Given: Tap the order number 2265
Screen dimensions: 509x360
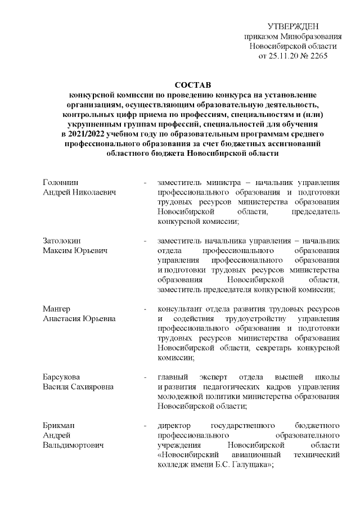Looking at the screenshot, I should pos(317,57).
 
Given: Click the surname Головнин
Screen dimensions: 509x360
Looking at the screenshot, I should pos(61,183).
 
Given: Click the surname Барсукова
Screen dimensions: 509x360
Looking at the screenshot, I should pos(62,376).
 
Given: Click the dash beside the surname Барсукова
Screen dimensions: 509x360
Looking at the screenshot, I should pos(146,376).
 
